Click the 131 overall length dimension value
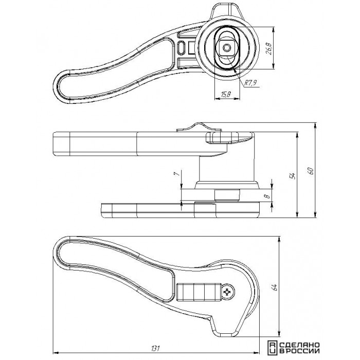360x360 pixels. (x=155, y=348)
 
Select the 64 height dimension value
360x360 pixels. (x=275, y=287)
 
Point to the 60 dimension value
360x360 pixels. (x=311, y=171)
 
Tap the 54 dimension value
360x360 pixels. (x=293, y=176)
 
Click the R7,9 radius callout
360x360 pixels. (x=250, y=83)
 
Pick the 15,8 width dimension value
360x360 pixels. (x=226, y=94)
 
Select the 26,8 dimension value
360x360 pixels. (x=268, y=48)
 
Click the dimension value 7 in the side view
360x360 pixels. (x=177, y=174)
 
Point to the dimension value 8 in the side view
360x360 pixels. (x=267, y=196)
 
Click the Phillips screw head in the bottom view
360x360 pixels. (x=228, y=292)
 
